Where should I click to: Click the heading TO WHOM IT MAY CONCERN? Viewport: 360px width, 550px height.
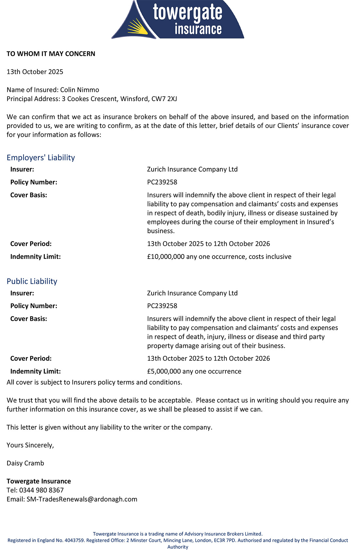(51, 54)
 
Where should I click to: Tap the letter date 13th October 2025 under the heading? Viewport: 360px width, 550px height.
(35, 72)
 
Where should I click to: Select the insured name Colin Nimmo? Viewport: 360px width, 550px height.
(80, 90)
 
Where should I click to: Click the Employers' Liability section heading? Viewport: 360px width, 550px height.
(41, 158)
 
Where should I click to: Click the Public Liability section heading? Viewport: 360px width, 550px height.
(32, 282)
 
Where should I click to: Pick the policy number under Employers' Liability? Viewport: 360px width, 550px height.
(162, 182)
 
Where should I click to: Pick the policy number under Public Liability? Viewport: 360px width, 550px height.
(162, 306)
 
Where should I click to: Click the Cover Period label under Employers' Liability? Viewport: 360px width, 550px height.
(31, 244)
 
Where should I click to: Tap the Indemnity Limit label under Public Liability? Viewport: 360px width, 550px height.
(35, 371)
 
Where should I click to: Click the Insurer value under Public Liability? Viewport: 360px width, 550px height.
(192, 293)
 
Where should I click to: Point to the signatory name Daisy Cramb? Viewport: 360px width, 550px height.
(25, 463)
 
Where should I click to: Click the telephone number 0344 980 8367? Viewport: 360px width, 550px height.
(42, 490)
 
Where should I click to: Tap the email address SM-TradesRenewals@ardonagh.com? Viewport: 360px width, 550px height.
(82, 499)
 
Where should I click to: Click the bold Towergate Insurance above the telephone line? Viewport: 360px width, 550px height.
(39, 481)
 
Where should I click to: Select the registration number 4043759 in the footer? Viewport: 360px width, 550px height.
(74, 541)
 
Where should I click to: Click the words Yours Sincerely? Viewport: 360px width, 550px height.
(30, 445)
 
